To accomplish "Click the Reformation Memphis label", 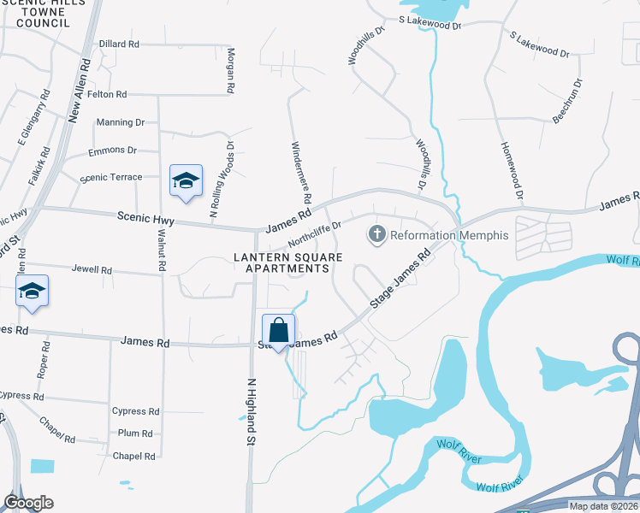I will (x=449, y=235).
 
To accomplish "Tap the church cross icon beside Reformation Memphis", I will (x=376, y=233).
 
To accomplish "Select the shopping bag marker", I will (x=279, y=331).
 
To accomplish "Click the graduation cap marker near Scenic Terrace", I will (x=186, y=180).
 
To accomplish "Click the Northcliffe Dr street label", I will (x=314, y=230).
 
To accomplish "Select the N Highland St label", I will (x=252, y=411).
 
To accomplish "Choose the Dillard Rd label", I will (x=118, y=44).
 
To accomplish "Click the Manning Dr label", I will (x=120, y=122).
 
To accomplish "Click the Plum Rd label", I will (x=135, y=433).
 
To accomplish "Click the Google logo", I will (x=28, y=502).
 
